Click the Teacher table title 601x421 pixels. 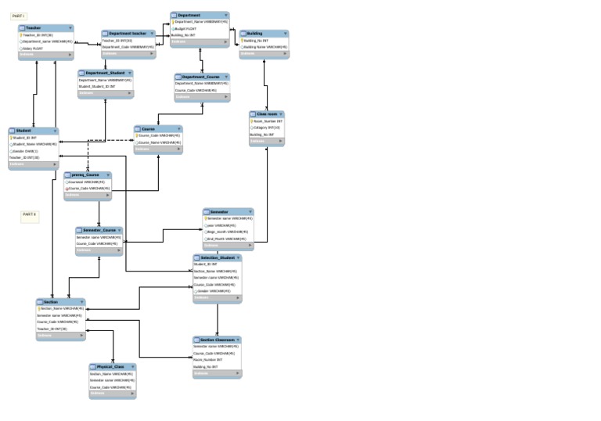tap(34, 27)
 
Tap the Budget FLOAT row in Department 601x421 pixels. tap(185, 28)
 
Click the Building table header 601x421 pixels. tap(255, 34)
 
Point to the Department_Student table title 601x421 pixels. tap(105, 73)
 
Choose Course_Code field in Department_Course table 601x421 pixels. tap(196, 90)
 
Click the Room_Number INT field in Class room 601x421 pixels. tap(268, 121)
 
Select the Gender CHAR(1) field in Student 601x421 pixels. tap(26, 151)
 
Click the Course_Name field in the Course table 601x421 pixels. tap(160, 142)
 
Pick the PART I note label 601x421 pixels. tap(18, 16)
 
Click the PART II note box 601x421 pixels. tap(30, 215)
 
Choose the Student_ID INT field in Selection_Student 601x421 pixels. tap(206, 264)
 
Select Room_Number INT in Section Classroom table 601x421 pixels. tap(208, 360)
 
